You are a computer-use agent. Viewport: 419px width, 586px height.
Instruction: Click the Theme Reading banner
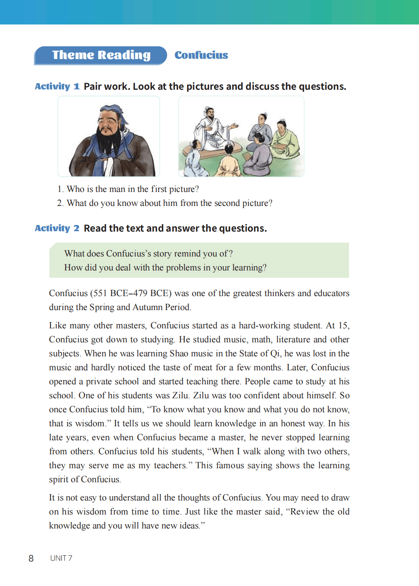[101, 55]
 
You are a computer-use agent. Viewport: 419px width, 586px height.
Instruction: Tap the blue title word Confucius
[201, 55]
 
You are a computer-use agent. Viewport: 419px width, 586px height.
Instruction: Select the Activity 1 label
[57, 86]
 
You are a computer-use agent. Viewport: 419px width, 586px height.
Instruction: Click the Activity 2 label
[57, 228]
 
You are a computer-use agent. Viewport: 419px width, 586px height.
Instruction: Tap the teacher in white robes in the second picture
[211, 130]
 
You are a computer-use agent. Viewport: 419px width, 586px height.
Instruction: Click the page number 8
[31, 558]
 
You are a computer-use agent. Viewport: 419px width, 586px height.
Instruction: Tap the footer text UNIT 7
[61, 558]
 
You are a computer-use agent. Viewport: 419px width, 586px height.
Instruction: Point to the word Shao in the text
[179, 354]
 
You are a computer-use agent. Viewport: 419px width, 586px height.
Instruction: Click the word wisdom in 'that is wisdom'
[91, 424]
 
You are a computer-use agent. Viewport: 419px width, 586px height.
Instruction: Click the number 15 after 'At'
[343, 326]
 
